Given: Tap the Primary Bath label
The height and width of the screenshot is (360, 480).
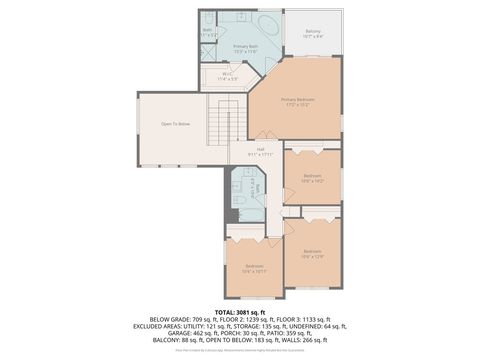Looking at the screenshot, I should (x=246, y=47).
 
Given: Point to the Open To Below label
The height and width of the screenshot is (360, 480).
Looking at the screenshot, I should (x=175, y=124).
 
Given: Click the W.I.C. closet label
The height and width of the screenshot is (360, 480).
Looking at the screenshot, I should (x=226, y=74).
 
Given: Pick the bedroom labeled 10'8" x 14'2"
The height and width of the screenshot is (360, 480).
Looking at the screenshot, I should (x=312, y=178).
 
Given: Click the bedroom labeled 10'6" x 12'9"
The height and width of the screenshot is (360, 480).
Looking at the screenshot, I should (x=312, y=252).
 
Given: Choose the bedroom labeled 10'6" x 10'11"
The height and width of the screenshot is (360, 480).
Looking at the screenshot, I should (x=254, y=267).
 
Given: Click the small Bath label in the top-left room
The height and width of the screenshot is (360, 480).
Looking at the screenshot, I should (x=208, y=30).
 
